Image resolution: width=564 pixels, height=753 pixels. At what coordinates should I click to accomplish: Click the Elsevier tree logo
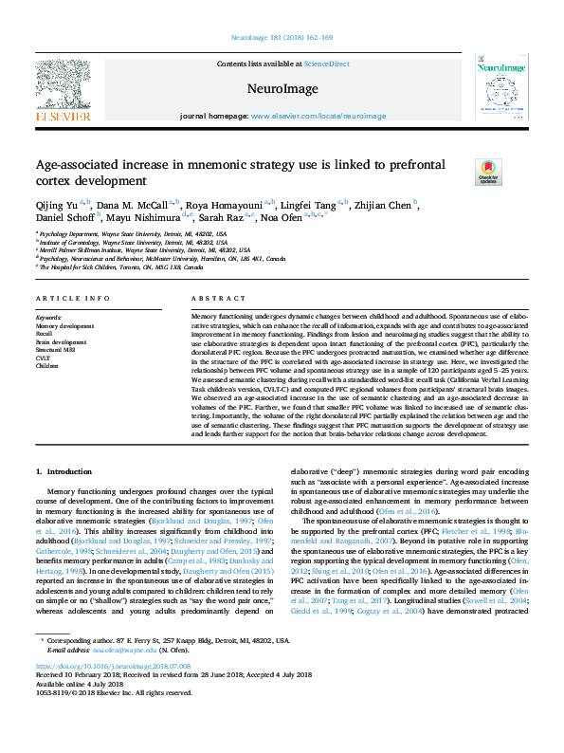[64, 86]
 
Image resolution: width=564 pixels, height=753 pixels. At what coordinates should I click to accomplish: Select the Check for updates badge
[487, 172]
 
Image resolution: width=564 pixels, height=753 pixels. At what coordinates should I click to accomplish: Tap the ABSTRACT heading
[211, 298]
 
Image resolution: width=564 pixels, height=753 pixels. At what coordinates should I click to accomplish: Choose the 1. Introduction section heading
[64, 471]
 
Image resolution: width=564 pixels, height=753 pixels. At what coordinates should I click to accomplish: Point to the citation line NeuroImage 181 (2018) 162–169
[282, 38]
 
